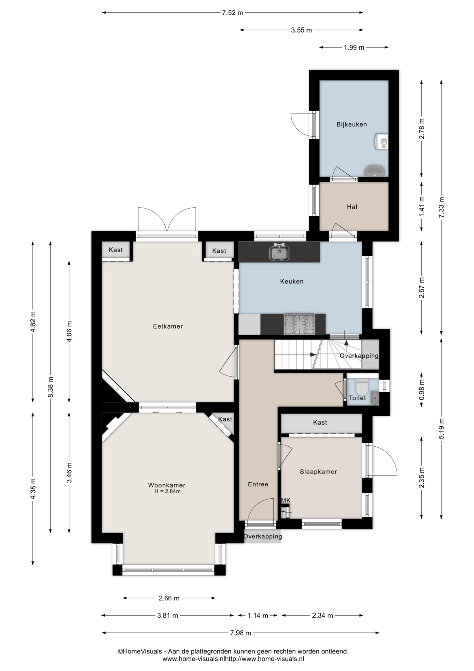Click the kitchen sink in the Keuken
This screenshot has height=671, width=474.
(279, 252)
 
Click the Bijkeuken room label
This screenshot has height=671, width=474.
(351, 124)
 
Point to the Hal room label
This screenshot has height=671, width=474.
(352, 207)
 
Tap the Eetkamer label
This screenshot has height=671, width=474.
(168, 326)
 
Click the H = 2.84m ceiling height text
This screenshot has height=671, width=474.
(168, 491)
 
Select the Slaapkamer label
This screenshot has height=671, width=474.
(318, 472)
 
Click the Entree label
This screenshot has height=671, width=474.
(258, 484)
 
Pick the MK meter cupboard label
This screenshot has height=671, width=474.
(286, 500)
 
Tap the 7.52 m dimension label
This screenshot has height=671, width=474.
(232, 13)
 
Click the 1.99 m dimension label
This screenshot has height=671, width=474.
(354, 48)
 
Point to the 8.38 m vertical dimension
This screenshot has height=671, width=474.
(51, 387)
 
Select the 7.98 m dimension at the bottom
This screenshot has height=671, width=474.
(240, 633)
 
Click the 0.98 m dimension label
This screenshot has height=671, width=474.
(422, 390)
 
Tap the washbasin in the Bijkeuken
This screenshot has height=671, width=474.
(375, 171)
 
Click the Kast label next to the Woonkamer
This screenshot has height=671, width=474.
(225, 419)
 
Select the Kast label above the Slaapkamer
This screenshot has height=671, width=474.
(320, 423)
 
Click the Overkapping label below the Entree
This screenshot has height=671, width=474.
(262, 536)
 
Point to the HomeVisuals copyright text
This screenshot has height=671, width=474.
(233, 651)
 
